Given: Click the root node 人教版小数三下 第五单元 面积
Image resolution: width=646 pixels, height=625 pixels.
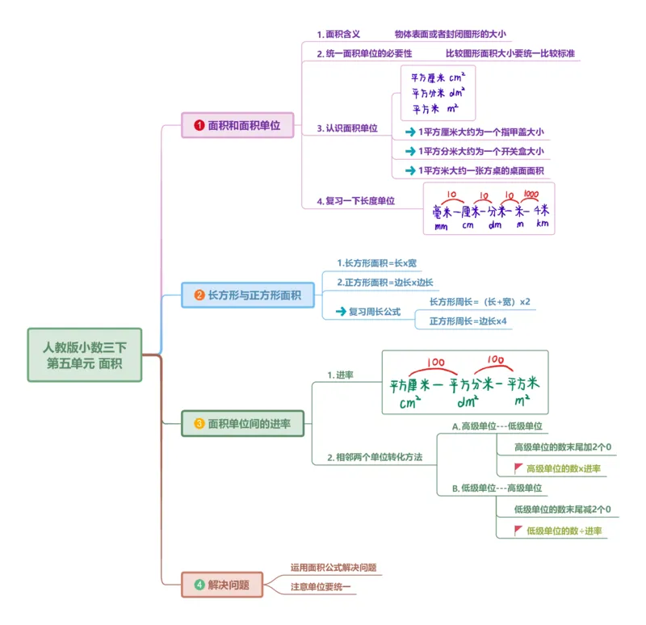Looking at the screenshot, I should [85, 354].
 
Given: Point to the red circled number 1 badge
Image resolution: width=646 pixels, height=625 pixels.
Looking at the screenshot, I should [199, 125].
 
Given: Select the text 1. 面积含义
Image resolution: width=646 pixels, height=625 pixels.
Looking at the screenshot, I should [338, 35].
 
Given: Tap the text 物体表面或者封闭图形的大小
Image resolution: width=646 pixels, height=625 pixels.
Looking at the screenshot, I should [450, 35].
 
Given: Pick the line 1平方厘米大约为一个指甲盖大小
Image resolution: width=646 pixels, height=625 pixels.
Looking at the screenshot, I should [480, 132].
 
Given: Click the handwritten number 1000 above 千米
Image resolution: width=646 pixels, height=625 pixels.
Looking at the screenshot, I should [531, 195].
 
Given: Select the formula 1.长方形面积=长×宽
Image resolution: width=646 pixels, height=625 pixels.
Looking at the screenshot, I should [377, 263].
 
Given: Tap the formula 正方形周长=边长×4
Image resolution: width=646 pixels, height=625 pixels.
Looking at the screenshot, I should [468, 321].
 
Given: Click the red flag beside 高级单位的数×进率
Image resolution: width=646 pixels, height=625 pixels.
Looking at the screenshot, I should [518, 468].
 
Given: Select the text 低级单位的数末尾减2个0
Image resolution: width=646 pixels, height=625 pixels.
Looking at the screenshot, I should [562, 509].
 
